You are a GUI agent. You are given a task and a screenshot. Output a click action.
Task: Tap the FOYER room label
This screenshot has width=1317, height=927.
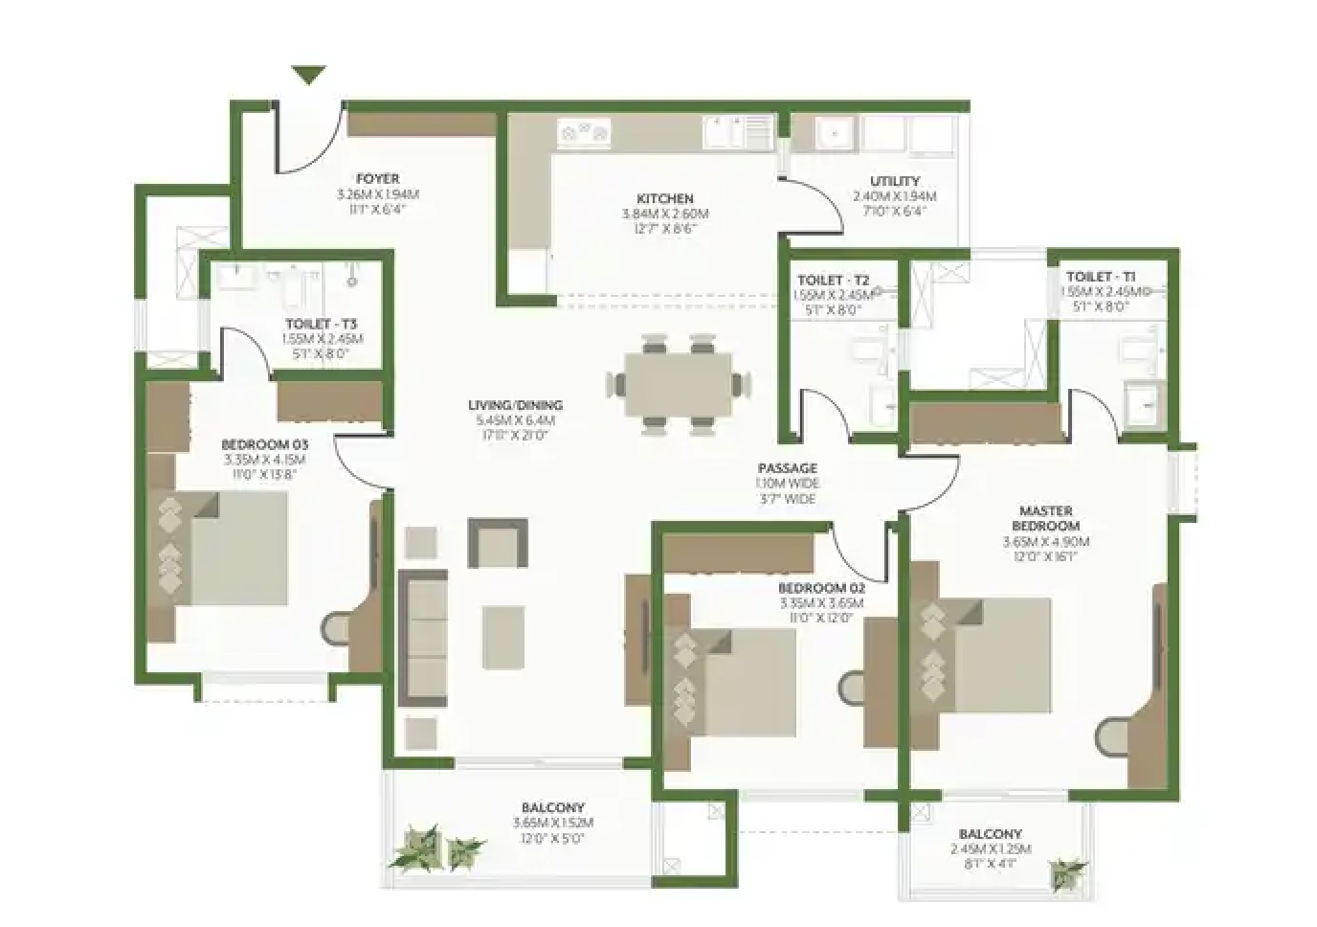pos(377,179)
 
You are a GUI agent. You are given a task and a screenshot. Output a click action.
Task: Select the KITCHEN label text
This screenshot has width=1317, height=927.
pos(664,198)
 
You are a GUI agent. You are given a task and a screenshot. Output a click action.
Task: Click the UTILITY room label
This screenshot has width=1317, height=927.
pos(894,181)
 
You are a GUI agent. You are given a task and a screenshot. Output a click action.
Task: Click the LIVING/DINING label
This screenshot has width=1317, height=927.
pos(515,405)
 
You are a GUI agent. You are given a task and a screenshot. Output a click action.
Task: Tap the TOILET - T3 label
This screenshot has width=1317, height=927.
pos(321,324)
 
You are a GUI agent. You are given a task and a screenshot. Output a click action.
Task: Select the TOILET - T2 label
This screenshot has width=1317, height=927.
pos(833,281)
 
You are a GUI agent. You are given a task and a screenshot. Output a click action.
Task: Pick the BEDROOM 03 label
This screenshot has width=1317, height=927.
pos(264,444)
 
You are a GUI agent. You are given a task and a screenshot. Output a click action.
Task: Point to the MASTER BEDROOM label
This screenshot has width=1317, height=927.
pos(1045,518)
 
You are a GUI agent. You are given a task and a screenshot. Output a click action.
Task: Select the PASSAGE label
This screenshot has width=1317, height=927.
pos(787,468)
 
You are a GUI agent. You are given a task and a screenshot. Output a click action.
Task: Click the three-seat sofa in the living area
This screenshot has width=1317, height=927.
pos(423,639)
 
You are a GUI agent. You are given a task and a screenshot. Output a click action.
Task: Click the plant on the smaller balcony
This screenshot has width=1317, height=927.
pos(1066,872)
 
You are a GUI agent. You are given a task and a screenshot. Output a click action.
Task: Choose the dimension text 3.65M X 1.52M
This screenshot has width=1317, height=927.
pos(552,823)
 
